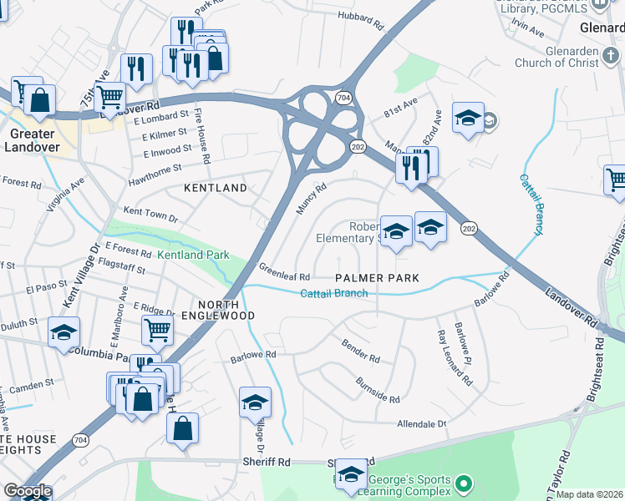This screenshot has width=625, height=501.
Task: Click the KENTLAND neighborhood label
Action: (216, 189)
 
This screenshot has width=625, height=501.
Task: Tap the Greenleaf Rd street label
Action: (284, 272)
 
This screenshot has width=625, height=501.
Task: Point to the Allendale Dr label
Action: (422, 424)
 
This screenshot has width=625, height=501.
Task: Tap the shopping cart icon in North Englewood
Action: (156, 329)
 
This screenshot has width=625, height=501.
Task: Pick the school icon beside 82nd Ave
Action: (468, 117)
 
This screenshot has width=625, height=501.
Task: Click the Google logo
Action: (28, 491)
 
